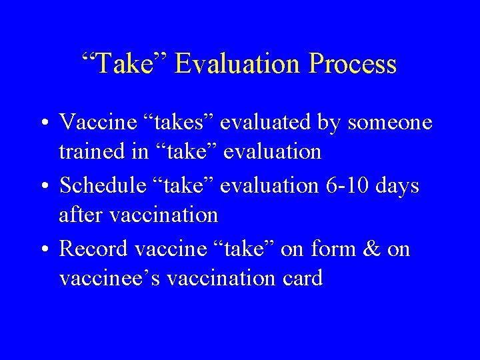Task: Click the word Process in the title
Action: [x=353, y=65]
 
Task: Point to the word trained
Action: [x=93, y=151]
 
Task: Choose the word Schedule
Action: [x=102, y=185]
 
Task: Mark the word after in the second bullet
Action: [x=79, y=215]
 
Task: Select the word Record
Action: [x=93, y=249]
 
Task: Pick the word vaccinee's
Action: [x=110, y=278]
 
